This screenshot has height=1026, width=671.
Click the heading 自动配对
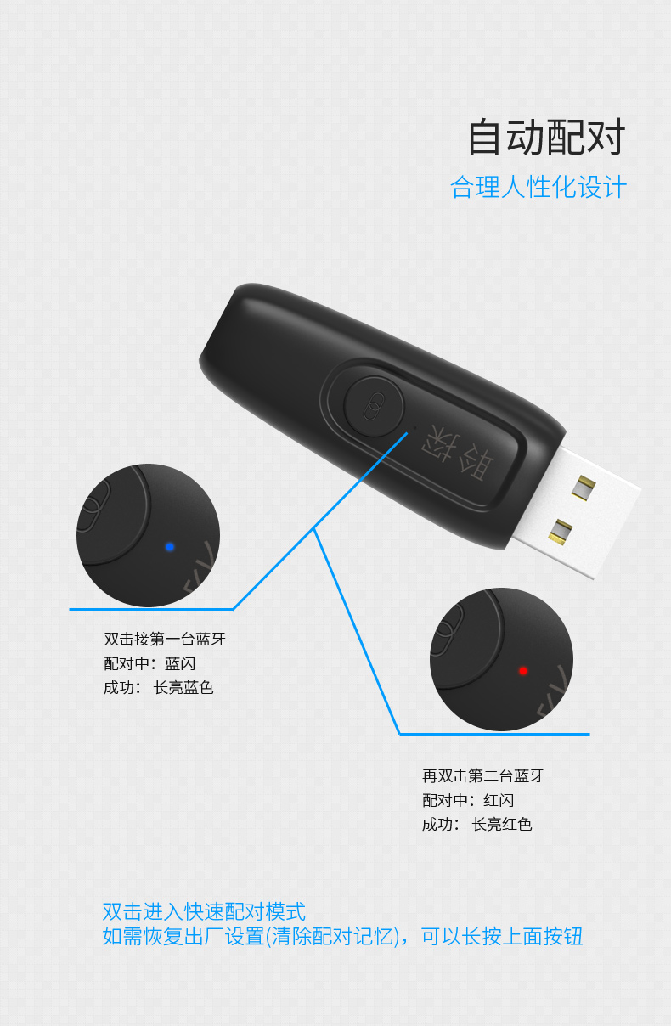click(x=546, y=137)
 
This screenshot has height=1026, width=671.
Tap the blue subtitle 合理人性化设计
click(x=538, y=187)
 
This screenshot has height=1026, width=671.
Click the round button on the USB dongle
click(x=374, y=407)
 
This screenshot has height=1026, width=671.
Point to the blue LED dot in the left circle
click(x=170, y=547)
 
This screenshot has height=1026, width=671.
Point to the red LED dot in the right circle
click(x=523, y=671)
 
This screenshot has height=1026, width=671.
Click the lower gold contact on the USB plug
click(x=561, y=533)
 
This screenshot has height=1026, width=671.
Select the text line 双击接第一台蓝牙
click(x=165, y=639)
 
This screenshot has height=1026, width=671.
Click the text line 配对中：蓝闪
click(x=149, y=663)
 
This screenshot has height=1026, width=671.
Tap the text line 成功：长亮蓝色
click(x=159, y=687)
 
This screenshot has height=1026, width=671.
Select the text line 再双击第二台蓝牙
click(x=483, y=776)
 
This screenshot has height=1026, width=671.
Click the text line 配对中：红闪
click(x=468, y=800)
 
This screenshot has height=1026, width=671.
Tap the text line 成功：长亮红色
click(x=476, y=825)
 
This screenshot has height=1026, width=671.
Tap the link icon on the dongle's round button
click(x=374, y=406)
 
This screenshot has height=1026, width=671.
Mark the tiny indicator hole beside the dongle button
click(x=415, y=427)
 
